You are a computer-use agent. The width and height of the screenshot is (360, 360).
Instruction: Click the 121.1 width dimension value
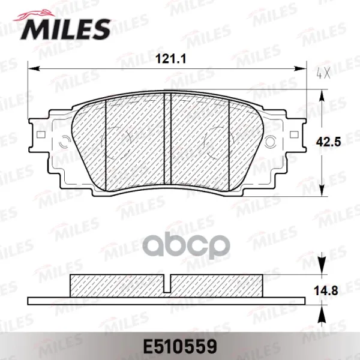point(170,59)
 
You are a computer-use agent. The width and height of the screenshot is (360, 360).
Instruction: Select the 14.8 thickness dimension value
point(326,291)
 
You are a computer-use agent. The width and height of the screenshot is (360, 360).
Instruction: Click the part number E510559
point(180,346)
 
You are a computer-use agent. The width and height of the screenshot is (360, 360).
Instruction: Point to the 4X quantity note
point(323,73)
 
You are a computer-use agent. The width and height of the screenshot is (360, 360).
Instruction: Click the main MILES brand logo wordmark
point(65,29)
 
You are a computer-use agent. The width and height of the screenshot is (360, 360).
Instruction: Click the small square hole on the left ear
point(41,134)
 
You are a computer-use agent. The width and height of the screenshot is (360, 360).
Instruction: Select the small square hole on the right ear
point(294,134)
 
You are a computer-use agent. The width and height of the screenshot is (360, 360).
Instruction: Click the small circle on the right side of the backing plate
point(271,141)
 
